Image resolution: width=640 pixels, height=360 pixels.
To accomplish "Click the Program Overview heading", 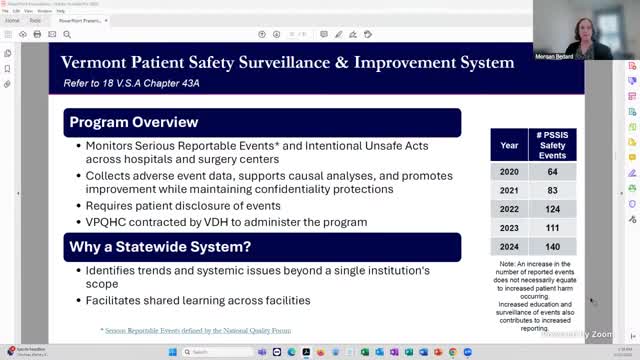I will (x=133, y=123).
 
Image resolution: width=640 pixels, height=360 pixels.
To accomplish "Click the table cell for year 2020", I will (x=509, y=172).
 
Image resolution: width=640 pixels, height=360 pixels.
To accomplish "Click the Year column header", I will (x=509, y=145).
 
